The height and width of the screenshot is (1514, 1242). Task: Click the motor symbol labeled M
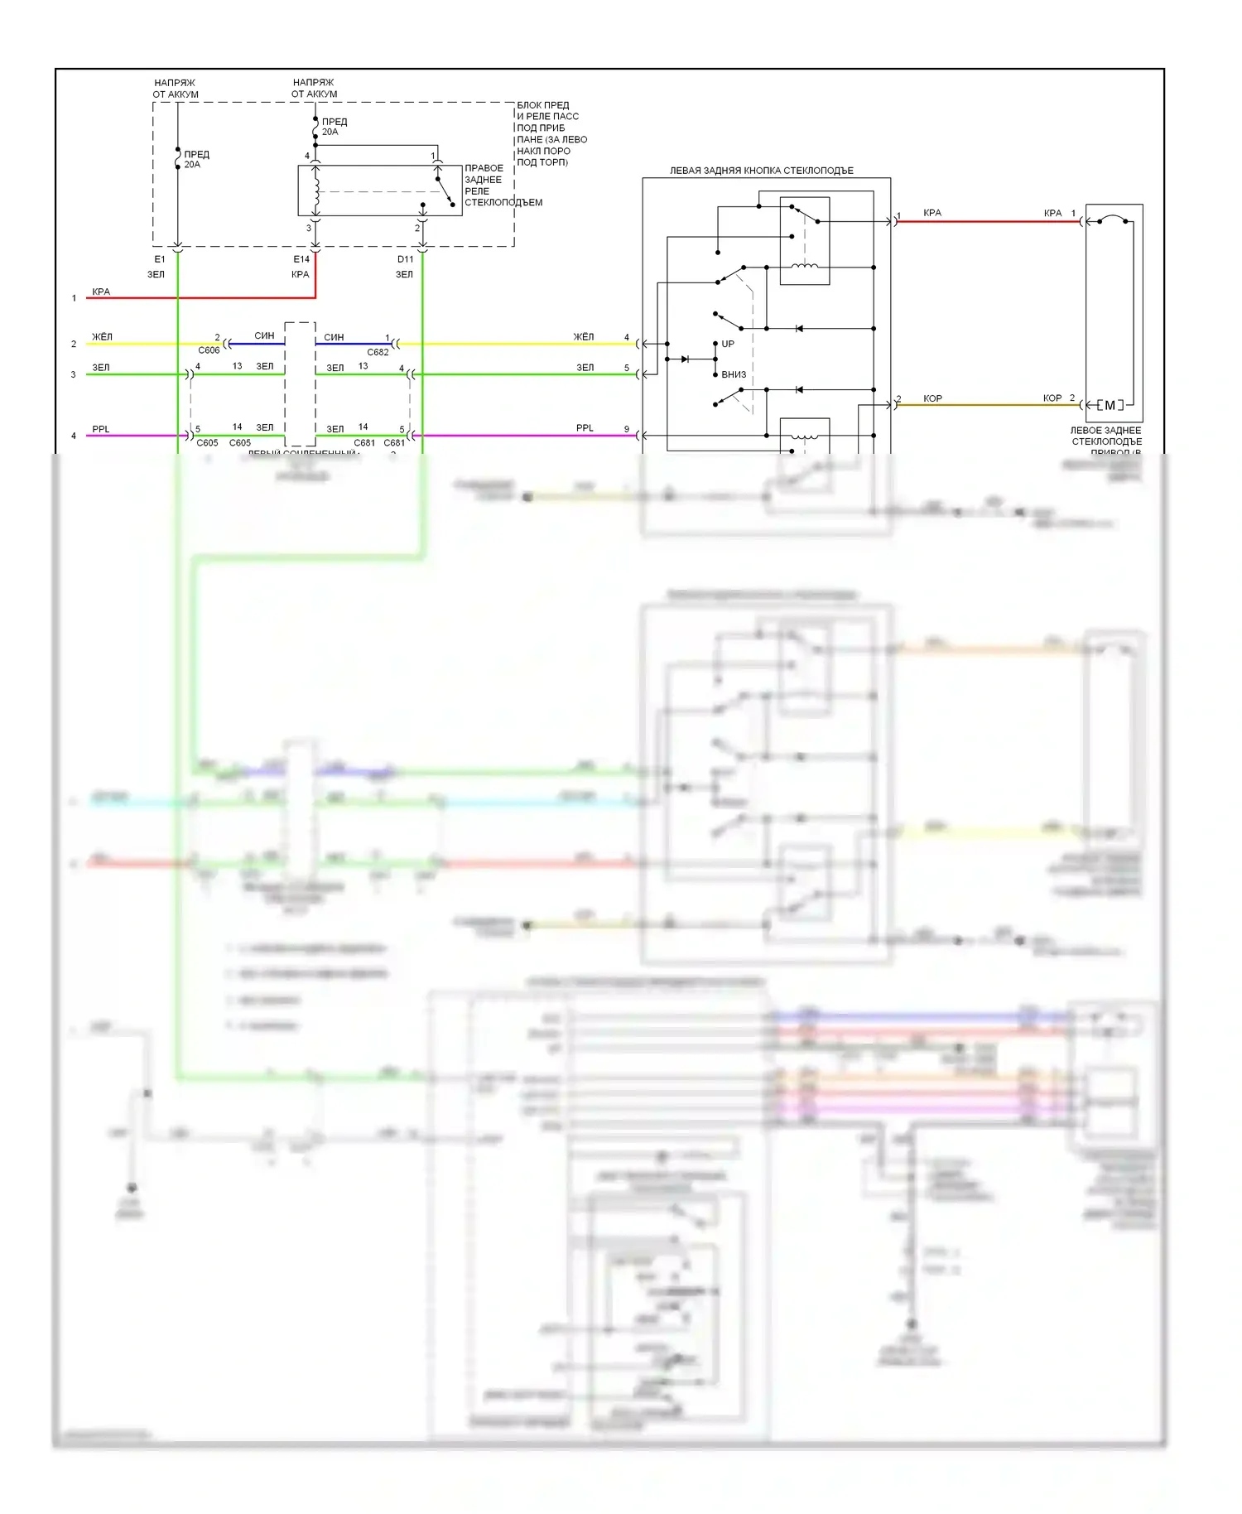tap(1110, 405)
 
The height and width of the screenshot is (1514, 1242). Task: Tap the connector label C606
tap(209, 350)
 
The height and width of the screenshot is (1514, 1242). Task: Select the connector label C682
tap(378, 352)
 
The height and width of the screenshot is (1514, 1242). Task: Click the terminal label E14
tap(301, 259)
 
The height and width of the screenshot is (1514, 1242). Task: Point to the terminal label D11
tap(405, 259)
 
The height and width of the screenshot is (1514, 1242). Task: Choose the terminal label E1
tap(160, 259)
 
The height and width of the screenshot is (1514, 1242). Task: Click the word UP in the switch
tap(728, 344)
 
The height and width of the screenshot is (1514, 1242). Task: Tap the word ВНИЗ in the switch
tap(734, 374)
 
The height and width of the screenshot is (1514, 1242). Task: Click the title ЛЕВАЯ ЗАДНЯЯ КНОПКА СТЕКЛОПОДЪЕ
tap(761, 171)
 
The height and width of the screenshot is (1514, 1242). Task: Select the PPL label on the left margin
tap(101, 429)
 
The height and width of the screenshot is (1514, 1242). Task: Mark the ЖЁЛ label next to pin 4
tap(584, 337)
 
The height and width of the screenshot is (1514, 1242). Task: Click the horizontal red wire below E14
tap(199, 297)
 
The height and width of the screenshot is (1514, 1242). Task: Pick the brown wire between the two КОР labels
tap(990, 405)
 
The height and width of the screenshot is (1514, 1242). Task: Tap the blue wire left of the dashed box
tap(257, 344)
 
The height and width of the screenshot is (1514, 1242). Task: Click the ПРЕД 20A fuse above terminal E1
tap(178, 158)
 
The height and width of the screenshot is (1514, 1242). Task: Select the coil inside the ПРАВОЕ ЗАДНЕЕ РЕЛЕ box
tap(315, 190)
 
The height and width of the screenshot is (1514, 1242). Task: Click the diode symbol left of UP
tap(686, 359)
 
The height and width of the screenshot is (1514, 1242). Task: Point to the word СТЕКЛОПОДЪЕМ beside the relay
tap(503, 203)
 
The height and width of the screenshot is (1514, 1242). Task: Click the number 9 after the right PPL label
tap(627, 429)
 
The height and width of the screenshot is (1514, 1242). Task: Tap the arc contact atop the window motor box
tap(1114, 219)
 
